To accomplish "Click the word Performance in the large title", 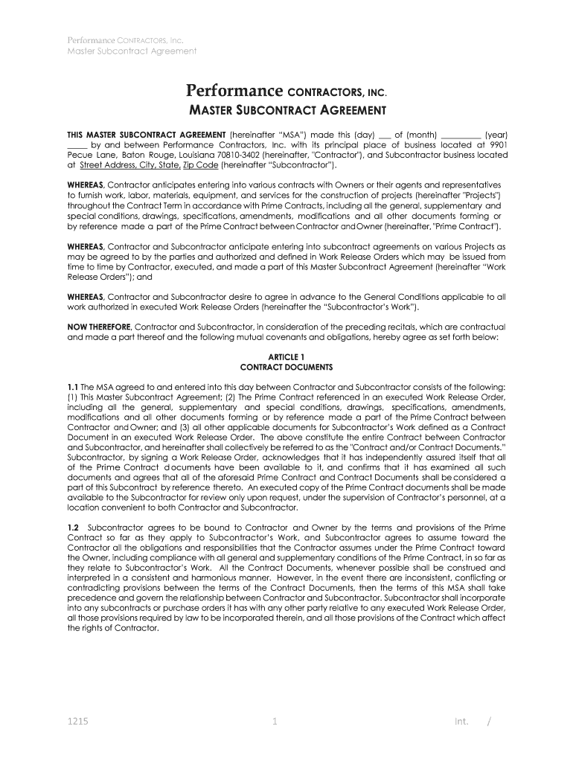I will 234,92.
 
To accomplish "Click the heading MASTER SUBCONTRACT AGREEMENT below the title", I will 286,112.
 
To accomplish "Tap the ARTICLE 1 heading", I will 286,357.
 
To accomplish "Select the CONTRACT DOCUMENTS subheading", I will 286,368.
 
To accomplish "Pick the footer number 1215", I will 77,721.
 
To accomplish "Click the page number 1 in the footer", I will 275,721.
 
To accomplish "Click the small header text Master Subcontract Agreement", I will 132,51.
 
